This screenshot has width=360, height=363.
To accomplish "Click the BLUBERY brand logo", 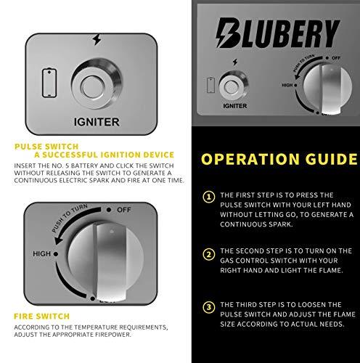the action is [x=278, y=33].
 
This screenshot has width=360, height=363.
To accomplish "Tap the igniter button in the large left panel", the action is [x=97, y=83].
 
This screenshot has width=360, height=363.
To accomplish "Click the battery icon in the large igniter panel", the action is [x=49, y=83].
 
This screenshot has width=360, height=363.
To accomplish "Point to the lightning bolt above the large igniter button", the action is [x=97, y=39].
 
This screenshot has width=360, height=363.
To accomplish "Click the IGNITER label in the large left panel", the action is [x=97, y=122].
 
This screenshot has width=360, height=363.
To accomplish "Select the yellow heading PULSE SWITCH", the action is [x=46, y=147].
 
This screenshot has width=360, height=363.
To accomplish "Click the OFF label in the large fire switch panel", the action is [x=124, y=210].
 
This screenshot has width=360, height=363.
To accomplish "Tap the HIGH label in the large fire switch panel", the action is [x=41, y=254].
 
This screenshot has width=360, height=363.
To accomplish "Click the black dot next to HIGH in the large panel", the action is [x=56, y=254].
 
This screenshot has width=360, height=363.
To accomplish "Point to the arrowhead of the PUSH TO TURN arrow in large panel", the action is [x=59, y=240].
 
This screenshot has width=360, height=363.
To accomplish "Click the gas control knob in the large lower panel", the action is [x=106, y=261].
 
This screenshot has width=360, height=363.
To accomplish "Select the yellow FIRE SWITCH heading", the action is [x=41, y=317].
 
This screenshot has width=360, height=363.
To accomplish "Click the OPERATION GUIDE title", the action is [x=279, y=159].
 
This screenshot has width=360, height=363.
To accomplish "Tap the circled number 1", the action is [x=209, y=197].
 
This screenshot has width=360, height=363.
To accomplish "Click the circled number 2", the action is [x=209, y=255].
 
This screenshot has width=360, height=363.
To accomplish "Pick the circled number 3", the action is [x=209, y=307].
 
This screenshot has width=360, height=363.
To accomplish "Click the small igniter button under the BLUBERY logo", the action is [x=234, y=86].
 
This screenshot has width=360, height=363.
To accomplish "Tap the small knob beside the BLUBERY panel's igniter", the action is [x=327, y=89].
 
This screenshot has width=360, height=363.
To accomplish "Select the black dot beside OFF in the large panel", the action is [x=109, y=210].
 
